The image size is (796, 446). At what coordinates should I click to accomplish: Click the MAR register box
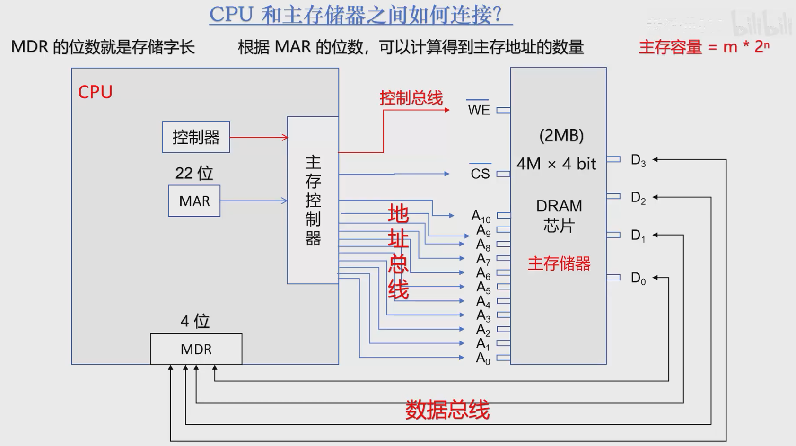click(x=194, y=201)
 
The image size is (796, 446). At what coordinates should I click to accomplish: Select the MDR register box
click(x=196, y=349)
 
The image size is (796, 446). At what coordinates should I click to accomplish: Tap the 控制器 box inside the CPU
click(x=196, y=137)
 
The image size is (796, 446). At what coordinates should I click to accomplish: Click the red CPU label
click(x=95, y=92)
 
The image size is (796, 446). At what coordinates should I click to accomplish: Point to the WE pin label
click(x=479, y=110)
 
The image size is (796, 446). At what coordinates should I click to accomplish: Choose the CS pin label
click(x=480, y=174)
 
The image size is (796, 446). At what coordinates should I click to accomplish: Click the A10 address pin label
click(x=481, y=216)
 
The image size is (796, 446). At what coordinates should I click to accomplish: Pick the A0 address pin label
click(x=483, y=358)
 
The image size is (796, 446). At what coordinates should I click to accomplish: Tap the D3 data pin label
click(x=638, y=160)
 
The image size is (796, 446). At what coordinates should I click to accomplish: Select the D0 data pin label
click(x=638, y=278)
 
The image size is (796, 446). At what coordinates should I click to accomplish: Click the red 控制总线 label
click(x=411, y=98)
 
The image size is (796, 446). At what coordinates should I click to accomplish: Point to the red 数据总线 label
click(x=447, y=410)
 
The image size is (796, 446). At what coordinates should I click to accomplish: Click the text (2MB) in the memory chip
click(x=561, y=136)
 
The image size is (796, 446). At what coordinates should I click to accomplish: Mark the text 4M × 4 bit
click(x=556, y=164)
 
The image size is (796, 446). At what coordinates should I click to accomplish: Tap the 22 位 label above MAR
click(x=194, y=173)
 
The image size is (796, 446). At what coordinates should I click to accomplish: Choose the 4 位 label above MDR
click(x=195, y=321)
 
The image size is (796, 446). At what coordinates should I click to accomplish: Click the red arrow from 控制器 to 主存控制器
click(x=258, y=138)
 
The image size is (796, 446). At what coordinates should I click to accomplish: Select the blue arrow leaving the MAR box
click(x=254, y=201)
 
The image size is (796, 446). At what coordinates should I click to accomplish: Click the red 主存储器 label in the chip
click(x=559, y=263)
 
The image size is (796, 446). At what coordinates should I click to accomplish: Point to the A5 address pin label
click(x=483, y=287)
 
